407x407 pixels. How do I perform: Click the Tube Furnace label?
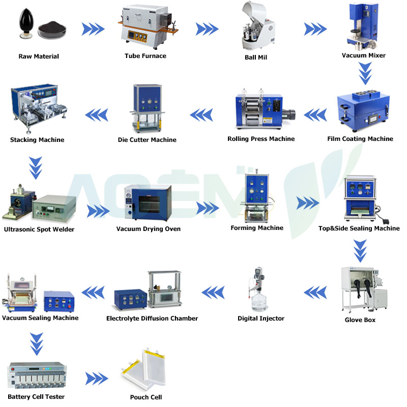[145, 56]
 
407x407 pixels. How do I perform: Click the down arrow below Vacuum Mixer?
[365, 73]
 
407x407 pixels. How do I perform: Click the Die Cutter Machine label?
[147, 140]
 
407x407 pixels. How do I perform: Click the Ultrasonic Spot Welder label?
[39, 229]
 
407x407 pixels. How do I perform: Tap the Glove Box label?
[360, 320]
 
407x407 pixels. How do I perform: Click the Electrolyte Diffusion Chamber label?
[152, 318]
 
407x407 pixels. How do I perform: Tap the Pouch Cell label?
[146, 397]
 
